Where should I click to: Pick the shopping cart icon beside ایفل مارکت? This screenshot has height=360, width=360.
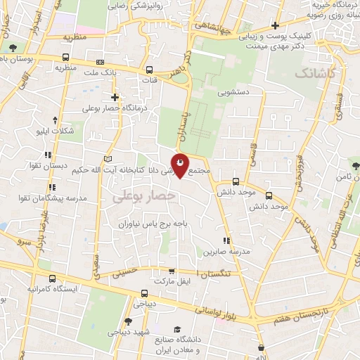pos(172,271)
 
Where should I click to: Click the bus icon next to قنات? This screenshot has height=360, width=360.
pos(150,70)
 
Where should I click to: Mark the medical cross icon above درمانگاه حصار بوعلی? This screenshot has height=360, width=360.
pos(115,98)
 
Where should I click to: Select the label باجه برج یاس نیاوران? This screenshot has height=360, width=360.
pos(153,223)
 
